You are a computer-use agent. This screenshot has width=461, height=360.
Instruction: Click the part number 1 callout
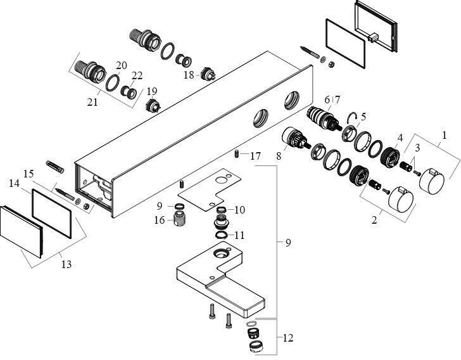click(x=444, y=135)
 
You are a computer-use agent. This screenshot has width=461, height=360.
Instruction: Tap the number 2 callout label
click(x=374, y=221)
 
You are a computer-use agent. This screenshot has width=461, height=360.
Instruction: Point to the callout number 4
click(x=400, y=138)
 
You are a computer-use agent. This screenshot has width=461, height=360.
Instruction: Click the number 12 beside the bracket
click(x=288, y=338)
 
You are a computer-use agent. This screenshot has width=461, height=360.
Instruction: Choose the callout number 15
click(x=28, y=173)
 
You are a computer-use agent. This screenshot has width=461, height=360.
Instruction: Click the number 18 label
click(x=188, y=75)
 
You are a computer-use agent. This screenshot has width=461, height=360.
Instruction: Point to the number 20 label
click(x=122, y=65)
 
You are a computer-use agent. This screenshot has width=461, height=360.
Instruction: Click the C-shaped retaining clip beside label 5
click(x=353, y=117)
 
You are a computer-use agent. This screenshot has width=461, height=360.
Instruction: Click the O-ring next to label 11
click(x=221, y=236)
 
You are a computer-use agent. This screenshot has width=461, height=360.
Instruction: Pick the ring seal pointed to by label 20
click(x=112, y=83)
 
